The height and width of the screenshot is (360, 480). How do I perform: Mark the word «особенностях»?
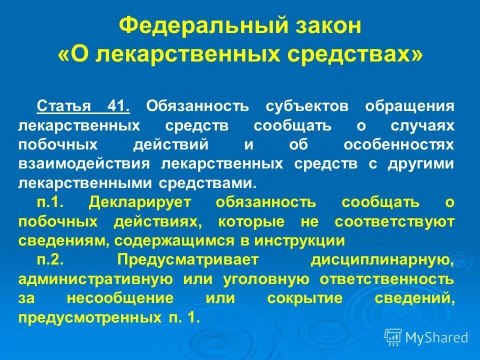399,144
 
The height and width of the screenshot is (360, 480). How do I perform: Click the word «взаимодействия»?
84,163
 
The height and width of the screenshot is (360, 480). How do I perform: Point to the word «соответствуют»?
395,220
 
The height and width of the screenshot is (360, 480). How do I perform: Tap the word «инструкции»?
299,239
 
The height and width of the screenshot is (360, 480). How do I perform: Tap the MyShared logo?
426,337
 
